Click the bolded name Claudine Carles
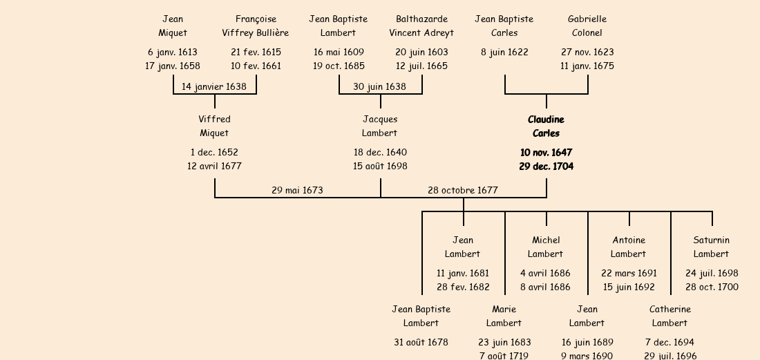pyautogui.click(x=546, y=126)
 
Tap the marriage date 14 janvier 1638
pyautogui.click(x=214, y=86)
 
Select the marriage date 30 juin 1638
pyautogui.click(x=380, y=86)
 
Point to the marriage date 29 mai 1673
pyautogui.click(x=297, y=190)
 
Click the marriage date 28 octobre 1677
pyautogui.click(x=463, y=190)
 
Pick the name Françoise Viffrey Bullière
pyautogui.click(x=256, y=26)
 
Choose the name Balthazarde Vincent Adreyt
pyautogui.click(x=421, y=26)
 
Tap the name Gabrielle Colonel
pyautogui.click(x=587, y=26)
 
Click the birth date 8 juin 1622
pyautogui.click(x=504, y=52)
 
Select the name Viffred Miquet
pyautogui.click(x=214, y=126)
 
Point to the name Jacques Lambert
pyautogui.click(x=380, y=126)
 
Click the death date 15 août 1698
pyautogui.click(x=380, y=166)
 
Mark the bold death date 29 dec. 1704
pyautogui.click(x=546, y=166)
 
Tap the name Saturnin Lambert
pyautogui.click(x=712, y=247)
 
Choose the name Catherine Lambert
pyautogui.click(x=670, y=316)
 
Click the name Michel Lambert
pyautogui.click(x=546, y=247)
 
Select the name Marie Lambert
pyautogui.click(x=504, y=316)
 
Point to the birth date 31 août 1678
pyautogui.click(x=421, y=342)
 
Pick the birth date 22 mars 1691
pyautogui.click(x=629, y=273)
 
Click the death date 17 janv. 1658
pyautogui.click(x=173, y=66)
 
